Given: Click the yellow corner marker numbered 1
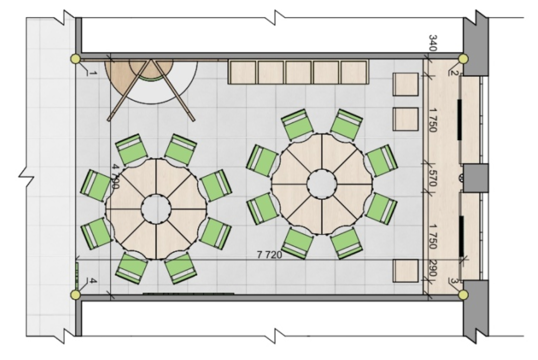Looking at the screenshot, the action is (75, 59).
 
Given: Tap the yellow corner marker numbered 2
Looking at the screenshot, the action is (463, 59).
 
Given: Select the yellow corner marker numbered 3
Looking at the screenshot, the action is (463, 295).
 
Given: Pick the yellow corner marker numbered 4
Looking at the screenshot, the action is (75, 295).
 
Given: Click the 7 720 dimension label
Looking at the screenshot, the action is (269, 254).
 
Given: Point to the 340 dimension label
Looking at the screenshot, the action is (433, 43).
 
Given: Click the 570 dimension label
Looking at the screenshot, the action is (433, 178).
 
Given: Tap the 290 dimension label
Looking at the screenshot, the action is (433, 269).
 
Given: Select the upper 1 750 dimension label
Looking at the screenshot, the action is (433, 120).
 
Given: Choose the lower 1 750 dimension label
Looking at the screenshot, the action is (433, 236).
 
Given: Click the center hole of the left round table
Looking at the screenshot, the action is (156, 209).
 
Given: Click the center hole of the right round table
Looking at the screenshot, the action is (322, 184).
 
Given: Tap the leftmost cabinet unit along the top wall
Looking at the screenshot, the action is (243, 72).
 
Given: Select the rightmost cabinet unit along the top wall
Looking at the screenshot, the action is (355, 72).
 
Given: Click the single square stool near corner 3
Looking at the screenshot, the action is (405, 271).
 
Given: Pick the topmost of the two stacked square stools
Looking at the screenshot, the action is (405, 84).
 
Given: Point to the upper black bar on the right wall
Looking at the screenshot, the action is (459, 119).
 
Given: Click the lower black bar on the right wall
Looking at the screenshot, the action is (461, 236).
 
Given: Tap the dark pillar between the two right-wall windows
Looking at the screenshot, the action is (475, 177).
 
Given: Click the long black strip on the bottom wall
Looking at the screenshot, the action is (188, 294).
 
